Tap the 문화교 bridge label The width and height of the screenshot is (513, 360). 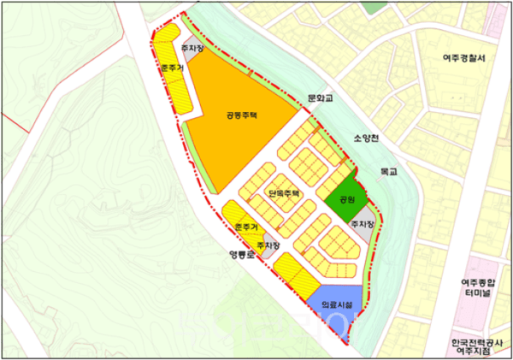pyautogui.click(x=324, y=98)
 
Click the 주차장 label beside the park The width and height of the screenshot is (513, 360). pyautogui.click(x=362, y=223)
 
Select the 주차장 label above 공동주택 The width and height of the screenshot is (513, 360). pyautogui.click(x=192, y=49)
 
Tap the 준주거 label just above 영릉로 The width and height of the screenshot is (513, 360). pyautogui.click(x=244, y=227)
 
